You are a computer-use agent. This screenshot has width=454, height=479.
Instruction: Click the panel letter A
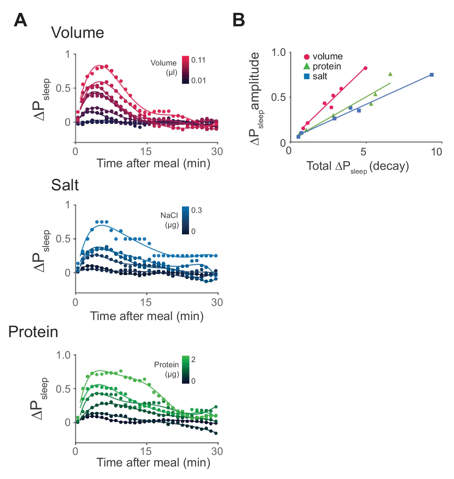[21, 21]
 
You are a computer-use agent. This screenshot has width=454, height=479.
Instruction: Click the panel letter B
[239, 20]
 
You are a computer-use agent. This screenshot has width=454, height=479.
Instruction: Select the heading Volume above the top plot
[78, 33]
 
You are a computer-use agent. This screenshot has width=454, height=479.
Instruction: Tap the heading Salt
[65, 185]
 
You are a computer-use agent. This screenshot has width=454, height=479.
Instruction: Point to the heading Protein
[33, 332]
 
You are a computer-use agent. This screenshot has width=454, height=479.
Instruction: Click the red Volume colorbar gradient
[186, 70]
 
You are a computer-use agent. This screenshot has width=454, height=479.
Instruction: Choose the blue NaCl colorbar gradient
[186, 220]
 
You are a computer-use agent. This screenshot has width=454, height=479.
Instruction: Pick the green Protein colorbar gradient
[186, 370]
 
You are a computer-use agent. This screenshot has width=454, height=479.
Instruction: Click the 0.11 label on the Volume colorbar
[198, 60]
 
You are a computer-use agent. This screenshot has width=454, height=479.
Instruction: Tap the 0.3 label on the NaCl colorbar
[196, 210]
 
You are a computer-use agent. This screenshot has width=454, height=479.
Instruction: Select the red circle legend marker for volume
[307, 57]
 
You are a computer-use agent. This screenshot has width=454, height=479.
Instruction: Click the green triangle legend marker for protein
[307, 66]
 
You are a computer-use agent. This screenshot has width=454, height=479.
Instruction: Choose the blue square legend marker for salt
[307, 76]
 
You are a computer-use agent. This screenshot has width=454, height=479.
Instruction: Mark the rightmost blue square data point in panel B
[432, 75]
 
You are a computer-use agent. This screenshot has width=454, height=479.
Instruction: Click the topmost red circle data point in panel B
[365, 68]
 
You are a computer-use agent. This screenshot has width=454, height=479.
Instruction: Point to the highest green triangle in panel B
[390, 74]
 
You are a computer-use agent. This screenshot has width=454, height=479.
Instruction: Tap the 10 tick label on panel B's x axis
[436, 152]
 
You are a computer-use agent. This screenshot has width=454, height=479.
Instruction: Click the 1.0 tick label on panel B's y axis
[278, 52]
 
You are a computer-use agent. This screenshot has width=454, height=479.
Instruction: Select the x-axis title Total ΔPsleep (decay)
[358, 166]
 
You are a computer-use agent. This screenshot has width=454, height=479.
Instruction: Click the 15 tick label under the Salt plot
[146, 302]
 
